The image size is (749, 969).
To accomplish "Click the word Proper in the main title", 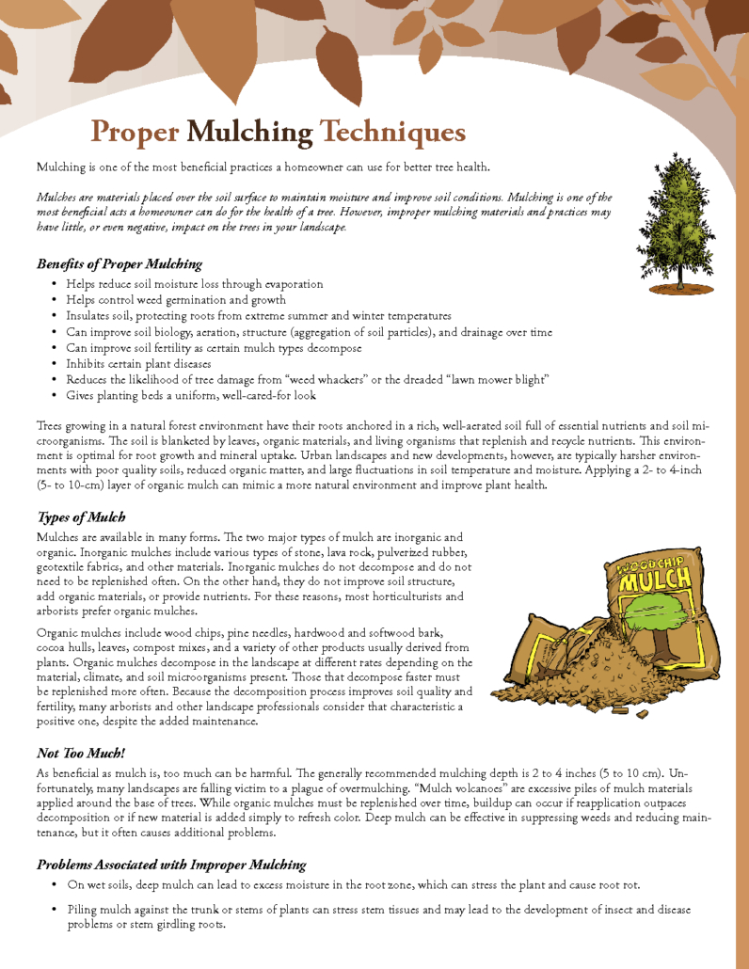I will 135,133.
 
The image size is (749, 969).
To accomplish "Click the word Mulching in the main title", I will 249,133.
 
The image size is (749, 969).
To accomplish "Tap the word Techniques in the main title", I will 392,133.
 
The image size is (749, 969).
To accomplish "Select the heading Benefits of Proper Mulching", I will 120,263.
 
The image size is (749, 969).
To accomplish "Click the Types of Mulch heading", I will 81,517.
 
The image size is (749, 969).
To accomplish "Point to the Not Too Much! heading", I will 81,753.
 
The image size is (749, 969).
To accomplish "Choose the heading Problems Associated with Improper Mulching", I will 171,864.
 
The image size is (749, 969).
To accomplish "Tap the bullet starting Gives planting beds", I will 191,395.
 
